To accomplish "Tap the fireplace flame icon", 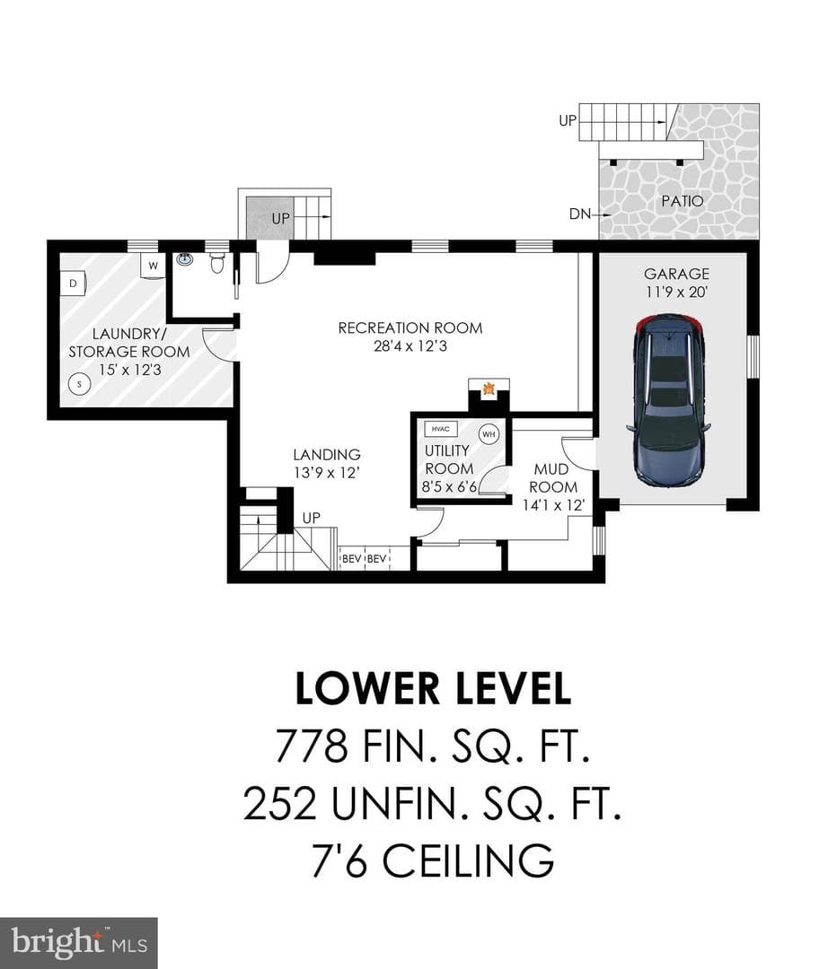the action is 488,389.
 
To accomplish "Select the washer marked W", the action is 153,266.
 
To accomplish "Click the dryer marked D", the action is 73,284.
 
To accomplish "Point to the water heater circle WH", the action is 489,434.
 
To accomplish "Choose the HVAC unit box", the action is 440,429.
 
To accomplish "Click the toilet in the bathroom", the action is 216,263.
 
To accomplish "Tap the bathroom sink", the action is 184,259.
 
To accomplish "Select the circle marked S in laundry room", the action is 79,384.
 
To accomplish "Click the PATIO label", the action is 683,201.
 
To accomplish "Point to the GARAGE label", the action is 677,274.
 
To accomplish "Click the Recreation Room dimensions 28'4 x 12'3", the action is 410,346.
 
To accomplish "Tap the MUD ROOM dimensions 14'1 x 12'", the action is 554,505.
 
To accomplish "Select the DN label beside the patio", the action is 579,214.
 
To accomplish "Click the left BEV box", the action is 351,559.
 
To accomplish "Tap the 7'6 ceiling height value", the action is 339,860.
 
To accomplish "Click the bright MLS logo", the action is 78,943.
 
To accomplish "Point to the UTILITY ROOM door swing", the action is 492,479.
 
